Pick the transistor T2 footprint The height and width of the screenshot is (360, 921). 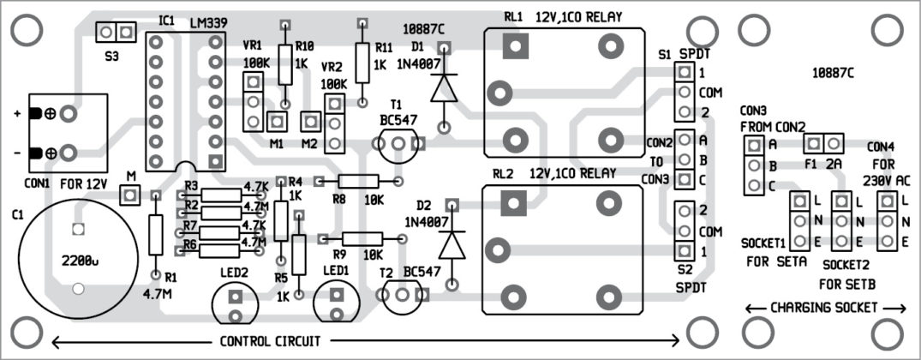coord(404,296)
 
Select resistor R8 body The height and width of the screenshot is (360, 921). coord(358,181)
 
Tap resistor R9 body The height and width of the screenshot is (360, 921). coord(363,239)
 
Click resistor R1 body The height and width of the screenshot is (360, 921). coord(155,234)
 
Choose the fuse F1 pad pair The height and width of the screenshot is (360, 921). coord(824,142)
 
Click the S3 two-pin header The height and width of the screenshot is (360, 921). coord(116,33)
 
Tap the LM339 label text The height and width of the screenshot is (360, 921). coord(208,20)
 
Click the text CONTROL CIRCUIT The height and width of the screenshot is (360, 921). coord(270,341)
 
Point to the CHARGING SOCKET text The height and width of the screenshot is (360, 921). coord(825,307)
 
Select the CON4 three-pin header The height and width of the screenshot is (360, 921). coord(887,222)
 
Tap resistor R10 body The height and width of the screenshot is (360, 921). coord(285,65)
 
